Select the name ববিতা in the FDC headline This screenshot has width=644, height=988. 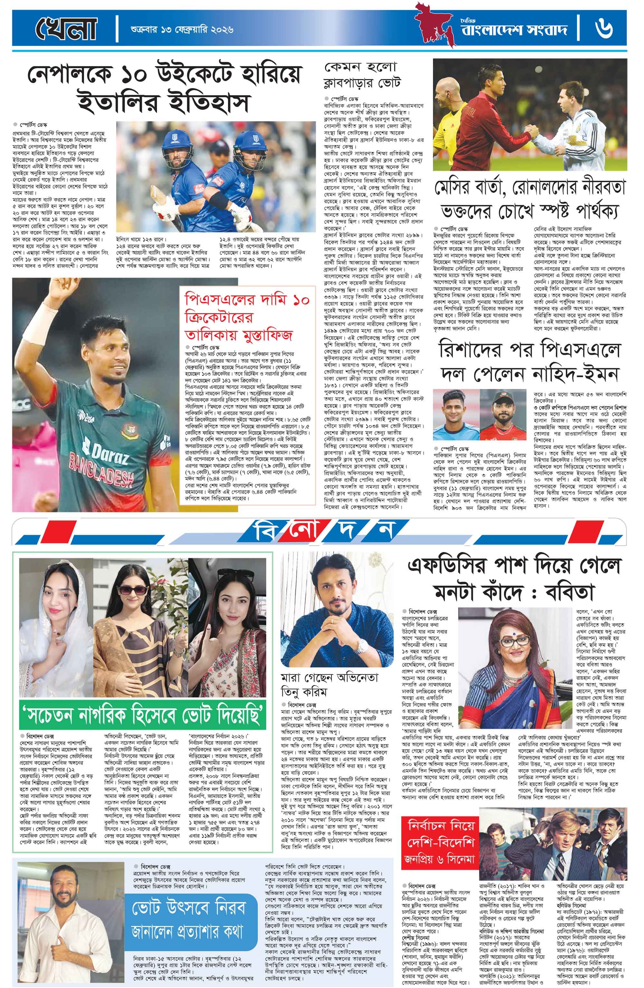(578, 590)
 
